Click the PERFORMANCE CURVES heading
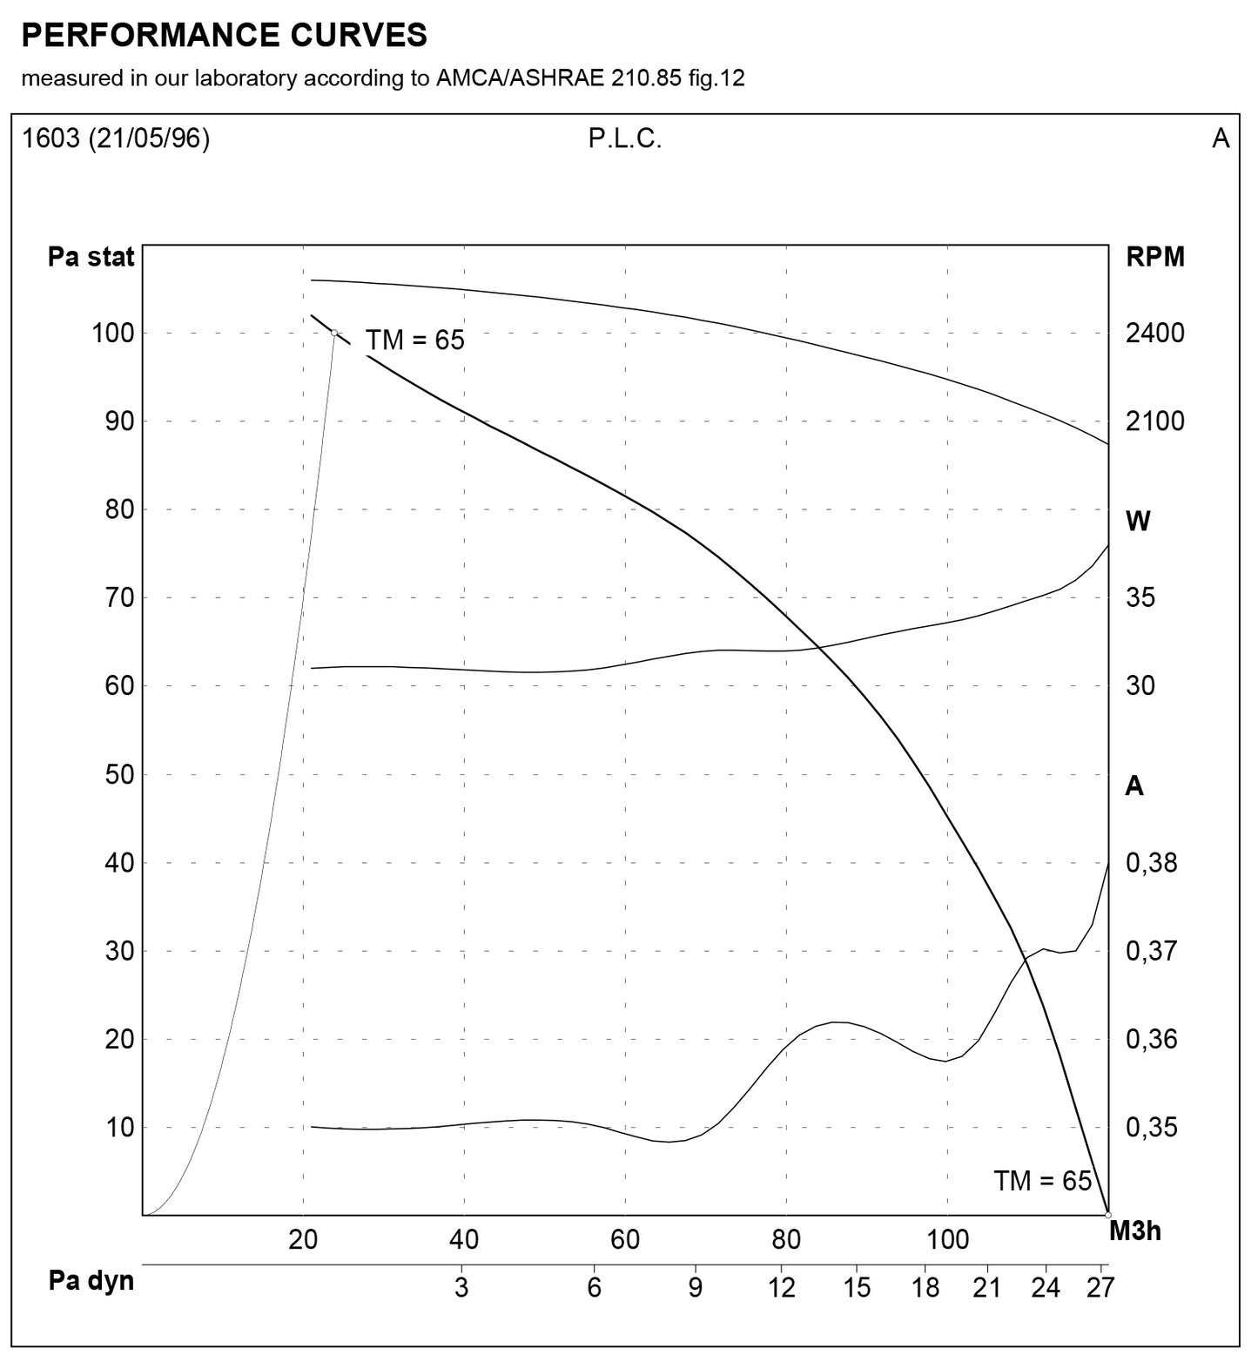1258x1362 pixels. (224, 35)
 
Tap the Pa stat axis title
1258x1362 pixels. (91, 258)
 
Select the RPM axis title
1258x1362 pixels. (1155, 258)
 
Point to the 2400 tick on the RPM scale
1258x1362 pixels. (1155, 334)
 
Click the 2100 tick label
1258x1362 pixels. (1155, 421)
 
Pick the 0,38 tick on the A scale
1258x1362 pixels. (1152, 863)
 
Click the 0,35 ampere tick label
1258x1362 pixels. (1152, 1128)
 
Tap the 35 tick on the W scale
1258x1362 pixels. (1140, 598)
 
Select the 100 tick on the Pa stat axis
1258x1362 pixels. (113, 334)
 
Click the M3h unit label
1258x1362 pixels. (1135, 1231)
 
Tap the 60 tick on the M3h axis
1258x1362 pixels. (625, 1240)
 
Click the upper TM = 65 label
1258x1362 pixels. (414, 340)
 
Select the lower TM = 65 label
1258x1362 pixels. (1042, 1182)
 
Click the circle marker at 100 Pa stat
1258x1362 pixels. (334, 333)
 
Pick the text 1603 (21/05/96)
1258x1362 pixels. (116, 139)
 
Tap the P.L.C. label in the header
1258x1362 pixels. (625, 139)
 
